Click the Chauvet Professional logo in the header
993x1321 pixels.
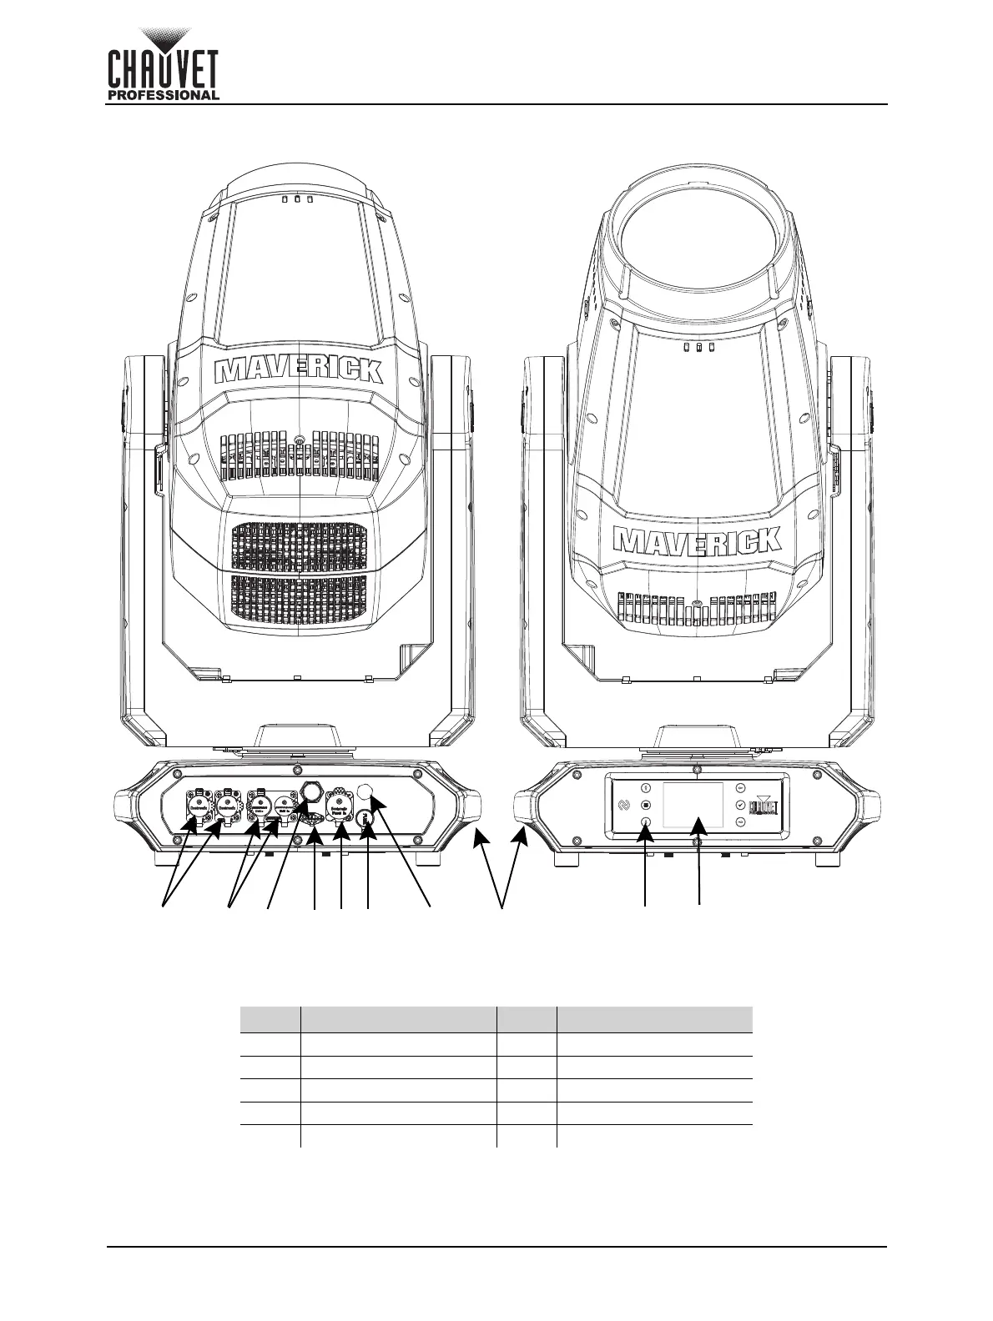click(x=164, y=64)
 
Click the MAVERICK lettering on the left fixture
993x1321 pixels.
click(x=299, y=370)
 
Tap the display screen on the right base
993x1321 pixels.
click(x=693, y=805)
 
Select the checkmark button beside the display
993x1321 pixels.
click(x=739, y=805)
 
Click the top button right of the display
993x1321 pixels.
click(x=739, y=787)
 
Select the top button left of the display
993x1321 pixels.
click(x=647, y=787)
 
